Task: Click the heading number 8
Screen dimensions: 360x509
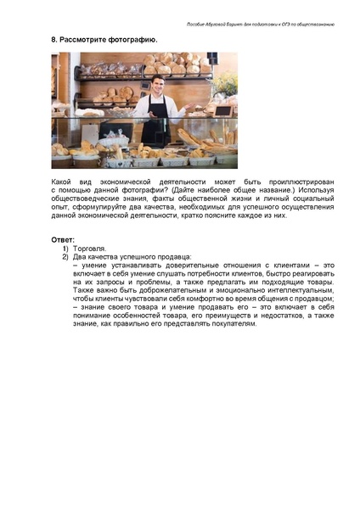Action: tap(53, 40)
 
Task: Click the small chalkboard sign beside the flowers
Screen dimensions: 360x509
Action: tap(222, 109)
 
